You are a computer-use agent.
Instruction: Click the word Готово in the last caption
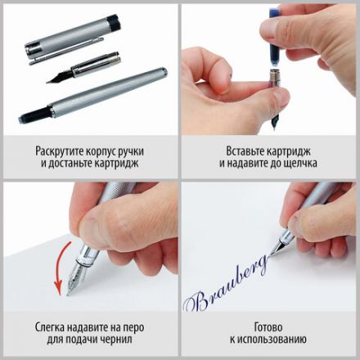click(x=269, y=327)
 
